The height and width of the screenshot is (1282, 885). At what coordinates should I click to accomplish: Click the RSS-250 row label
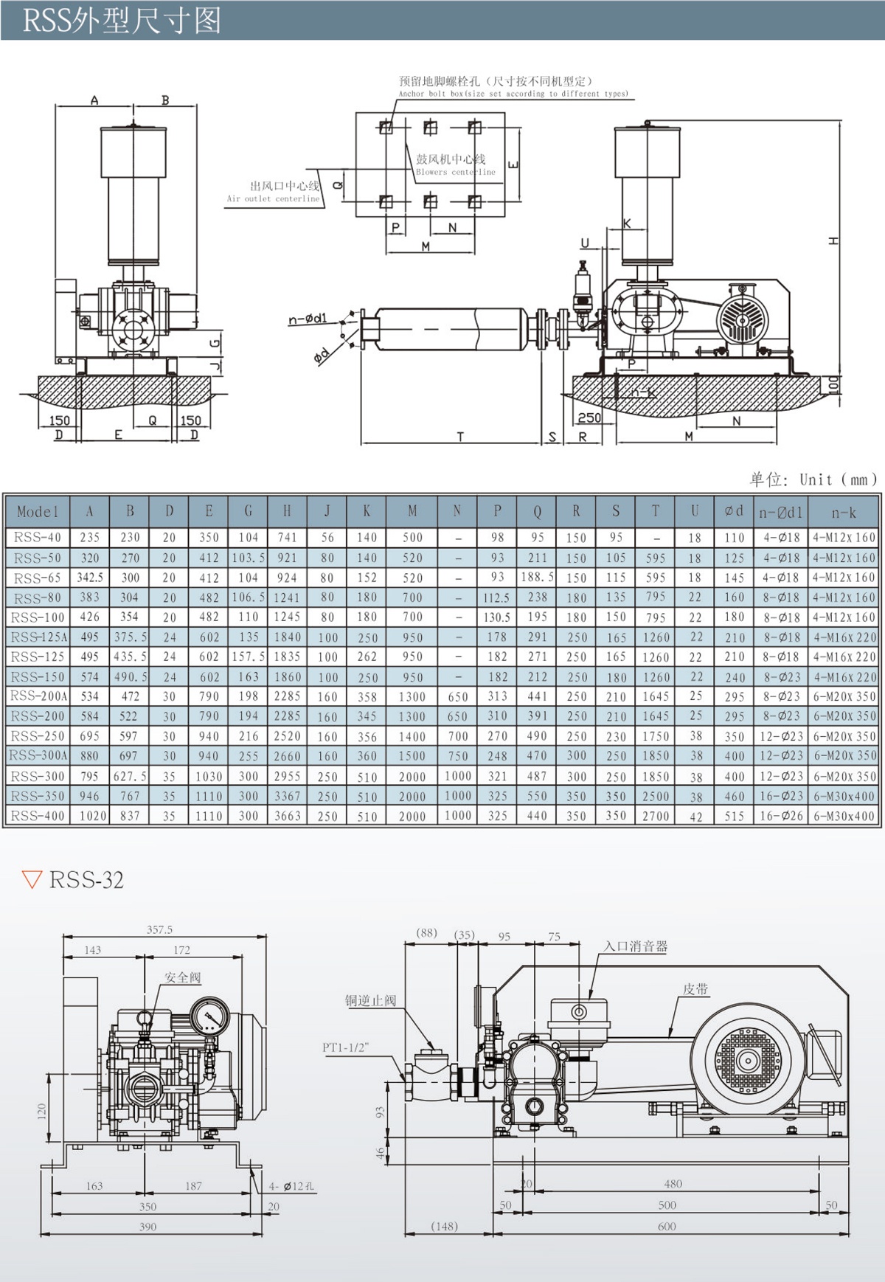pos(38,736)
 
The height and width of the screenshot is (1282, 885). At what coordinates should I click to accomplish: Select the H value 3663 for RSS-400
pos(287,816)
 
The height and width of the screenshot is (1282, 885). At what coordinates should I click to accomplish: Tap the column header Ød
pos(734,511)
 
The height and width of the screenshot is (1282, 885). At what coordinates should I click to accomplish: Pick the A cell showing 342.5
pos(90,578)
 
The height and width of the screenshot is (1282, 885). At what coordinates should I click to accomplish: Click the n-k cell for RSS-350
pos(844,796)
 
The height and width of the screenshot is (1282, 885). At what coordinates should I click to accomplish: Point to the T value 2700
pos(655,816)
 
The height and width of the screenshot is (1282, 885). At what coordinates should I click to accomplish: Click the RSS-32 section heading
pos(86,880)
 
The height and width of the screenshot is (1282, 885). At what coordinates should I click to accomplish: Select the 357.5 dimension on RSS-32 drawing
pos(159,929)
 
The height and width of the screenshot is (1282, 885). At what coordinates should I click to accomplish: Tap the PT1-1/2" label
pos(345,1047)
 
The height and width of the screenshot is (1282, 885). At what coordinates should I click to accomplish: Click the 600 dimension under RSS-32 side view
pos(667,1226)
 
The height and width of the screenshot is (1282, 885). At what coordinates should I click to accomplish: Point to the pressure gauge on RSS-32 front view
pos(209,1017)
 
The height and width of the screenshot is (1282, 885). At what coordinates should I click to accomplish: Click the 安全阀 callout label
pos(182,977)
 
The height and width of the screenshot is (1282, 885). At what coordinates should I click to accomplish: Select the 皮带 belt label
pos(695,989)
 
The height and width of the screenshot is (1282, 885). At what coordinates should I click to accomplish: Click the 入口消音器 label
pos(635,946)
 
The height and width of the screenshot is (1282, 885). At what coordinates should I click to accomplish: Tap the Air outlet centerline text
pos(273,198)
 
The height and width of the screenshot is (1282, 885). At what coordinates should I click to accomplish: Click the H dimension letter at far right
pos(833,240)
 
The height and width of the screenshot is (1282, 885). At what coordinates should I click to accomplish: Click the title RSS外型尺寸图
pos(122,20)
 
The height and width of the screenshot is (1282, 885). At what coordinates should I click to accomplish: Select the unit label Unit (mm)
pos(838,479)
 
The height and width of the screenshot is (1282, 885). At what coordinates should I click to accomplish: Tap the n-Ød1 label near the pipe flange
pos(308,319)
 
